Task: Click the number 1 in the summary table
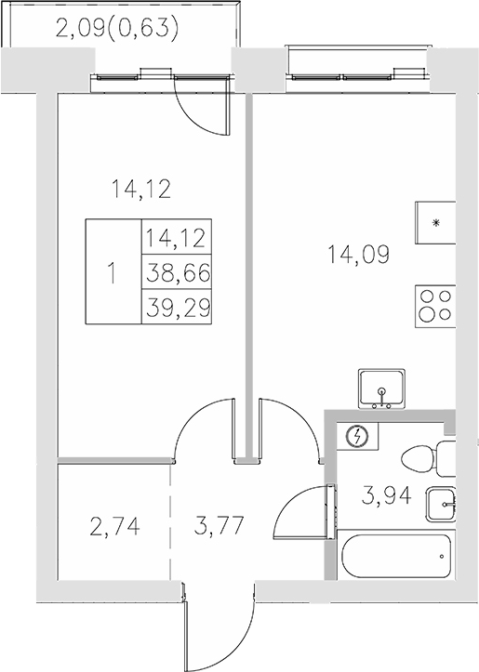[x=113, y=273]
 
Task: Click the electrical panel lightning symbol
[x=355, y=435]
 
